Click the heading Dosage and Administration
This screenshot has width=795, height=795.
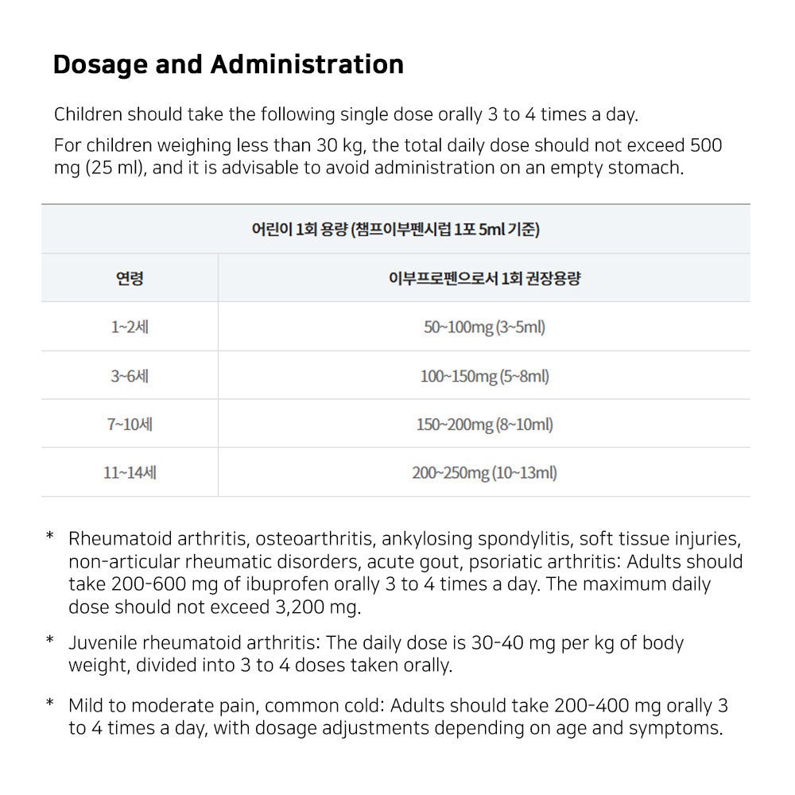[x=228, y=64]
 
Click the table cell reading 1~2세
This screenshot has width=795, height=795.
[x=130, y=327]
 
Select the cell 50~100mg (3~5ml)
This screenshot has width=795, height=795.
[x=484, y=327]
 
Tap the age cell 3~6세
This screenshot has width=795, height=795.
[x=130, y=375]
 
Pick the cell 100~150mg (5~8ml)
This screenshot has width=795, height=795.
[x=484, y=375]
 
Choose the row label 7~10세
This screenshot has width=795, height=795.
[x=130, y=424]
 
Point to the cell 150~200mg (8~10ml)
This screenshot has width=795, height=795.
[x=484, y=424]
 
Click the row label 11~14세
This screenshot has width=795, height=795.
[x=130, y=472]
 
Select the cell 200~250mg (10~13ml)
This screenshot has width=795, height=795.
[x=484, y=472]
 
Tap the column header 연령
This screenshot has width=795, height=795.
[x=130, y=278]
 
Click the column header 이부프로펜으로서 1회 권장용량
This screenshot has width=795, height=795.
[x=484, y=278]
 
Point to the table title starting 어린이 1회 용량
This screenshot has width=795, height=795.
[x=395, y=230]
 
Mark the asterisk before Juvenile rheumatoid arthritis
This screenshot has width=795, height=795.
[x=49, y=641]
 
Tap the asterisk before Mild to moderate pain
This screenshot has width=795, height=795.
[x=49, y=704]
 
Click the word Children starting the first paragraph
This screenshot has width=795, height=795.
[x=88, y=114]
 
